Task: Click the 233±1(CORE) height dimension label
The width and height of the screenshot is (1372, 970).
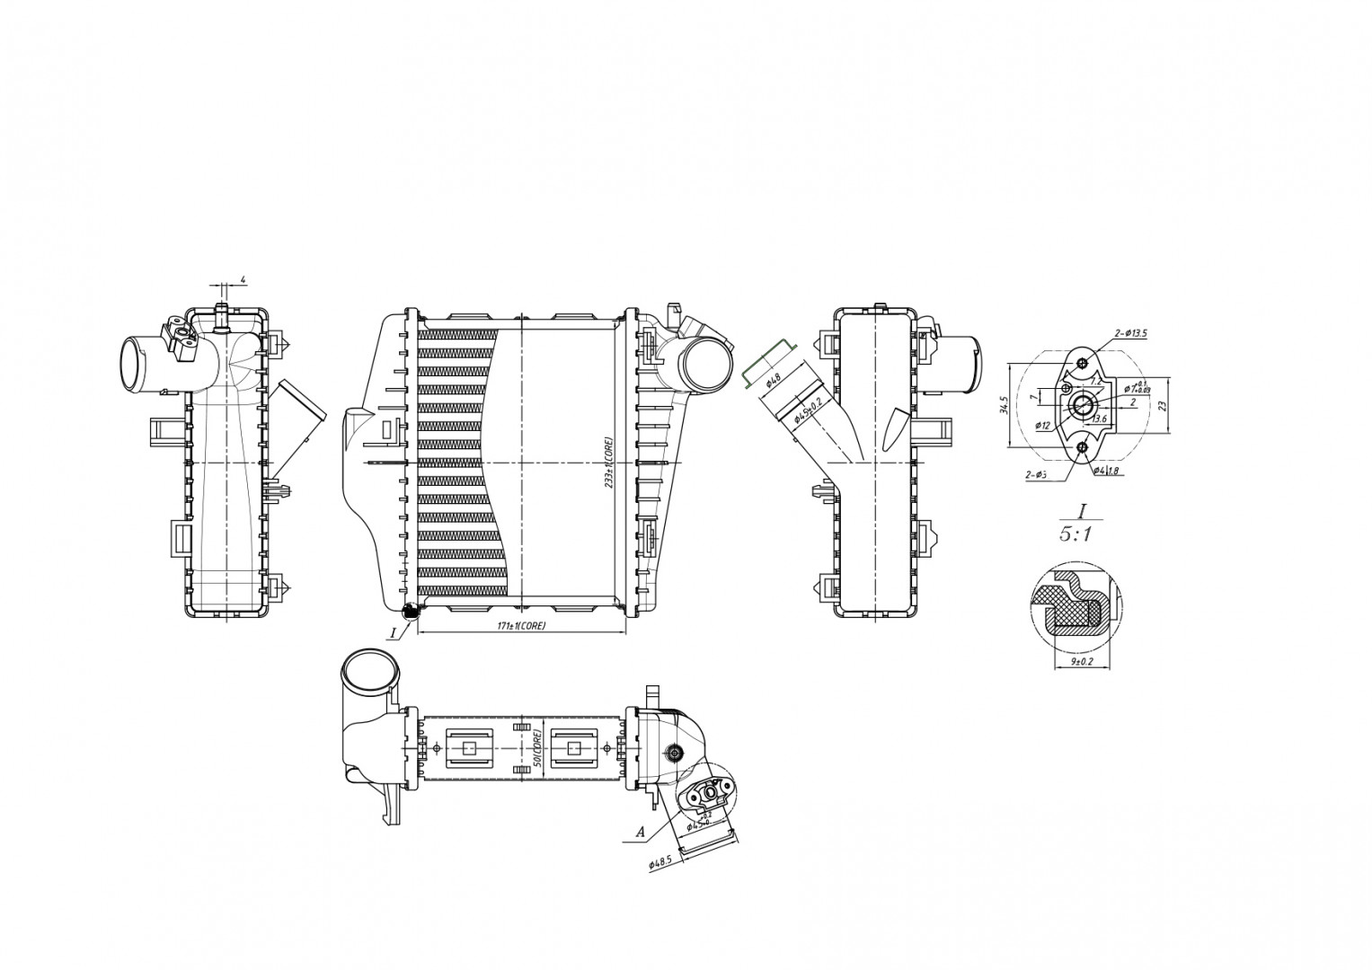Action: click(x=608, y=462)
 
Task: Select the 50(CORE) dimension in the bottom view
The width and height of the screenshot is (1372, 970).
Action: click(x=535, y=748)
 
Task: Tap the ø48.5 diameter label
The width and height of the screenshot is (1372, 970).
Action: click(x=661, y=860)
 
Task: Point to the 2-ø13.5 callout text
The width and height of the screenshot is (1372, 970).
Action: click(x=1130, y=333)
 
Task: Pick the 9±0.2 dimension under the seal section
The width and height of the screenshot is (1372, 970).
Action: click(x=1082, y=662)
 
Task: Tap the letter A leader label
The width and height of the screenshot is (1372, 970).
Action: click(x=640, y=833)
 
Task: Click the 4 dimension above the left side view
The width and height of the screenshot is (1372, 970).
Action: click(x=243, y=281)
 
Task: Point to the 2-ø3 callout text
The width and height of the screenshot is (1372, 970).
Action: click(x=1036, y=475)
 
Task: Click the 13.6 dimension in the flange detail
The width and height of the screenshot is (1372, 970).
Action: click(x=1098, y=418)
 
